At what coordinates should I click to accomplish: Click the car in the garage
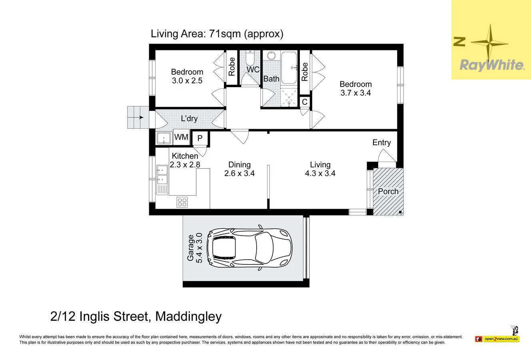[249, 248]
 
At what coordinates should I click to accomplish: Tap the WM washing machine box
[182, 137]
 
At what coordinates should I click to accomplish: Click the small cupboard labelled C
[305, 102]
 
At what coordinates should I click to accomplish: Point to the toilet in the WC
[250, 58]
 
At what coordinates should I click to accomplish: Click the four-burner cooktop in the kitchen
[182, 202]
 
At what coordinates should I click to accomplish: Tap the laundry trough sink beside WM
[164, 138]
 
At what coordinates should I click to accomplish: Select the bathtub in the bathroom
[289, 68]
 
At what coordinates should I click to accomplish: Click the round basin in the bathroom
[271, 56]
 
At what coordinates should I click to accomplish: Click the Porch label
[388, 191]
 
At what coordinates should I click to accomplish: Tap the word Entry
[381, 142]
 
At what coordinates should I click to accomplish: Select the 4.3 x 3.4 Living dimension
[320, 173]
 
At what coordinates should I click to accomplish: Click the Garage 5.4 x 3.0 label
[195, 248]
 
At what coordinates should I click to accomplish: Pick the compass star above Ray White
[490, 43]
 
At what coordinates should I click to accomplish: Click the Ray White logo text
[492, 66]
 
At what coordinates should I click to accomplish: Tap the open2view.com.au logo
[497, 339]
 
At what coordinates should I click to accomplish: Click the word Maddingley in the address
[188, 316]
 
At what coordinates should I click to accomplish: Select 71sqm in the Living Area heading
[225, 34]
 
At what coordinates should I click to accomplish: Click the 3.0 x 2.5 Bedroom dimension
[187, 81]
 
